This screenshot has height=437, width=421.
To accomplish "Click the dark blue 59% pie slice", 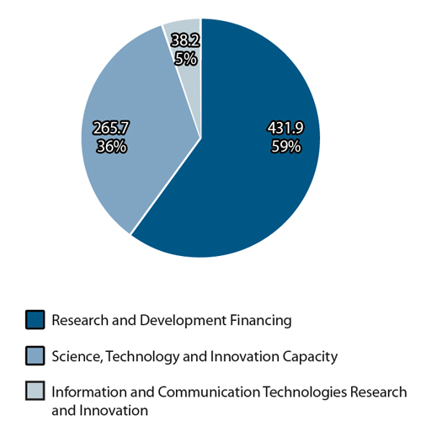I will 253,194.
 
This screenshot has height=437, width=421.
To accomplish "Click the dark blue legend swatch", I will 35,320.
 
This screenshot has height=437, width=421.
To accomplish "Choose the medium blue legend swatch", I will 35,356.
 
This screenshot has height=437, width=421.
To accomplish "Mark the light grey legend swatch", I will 35,392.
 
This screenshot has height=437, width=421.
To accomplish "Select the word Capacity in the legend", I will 310,356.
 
